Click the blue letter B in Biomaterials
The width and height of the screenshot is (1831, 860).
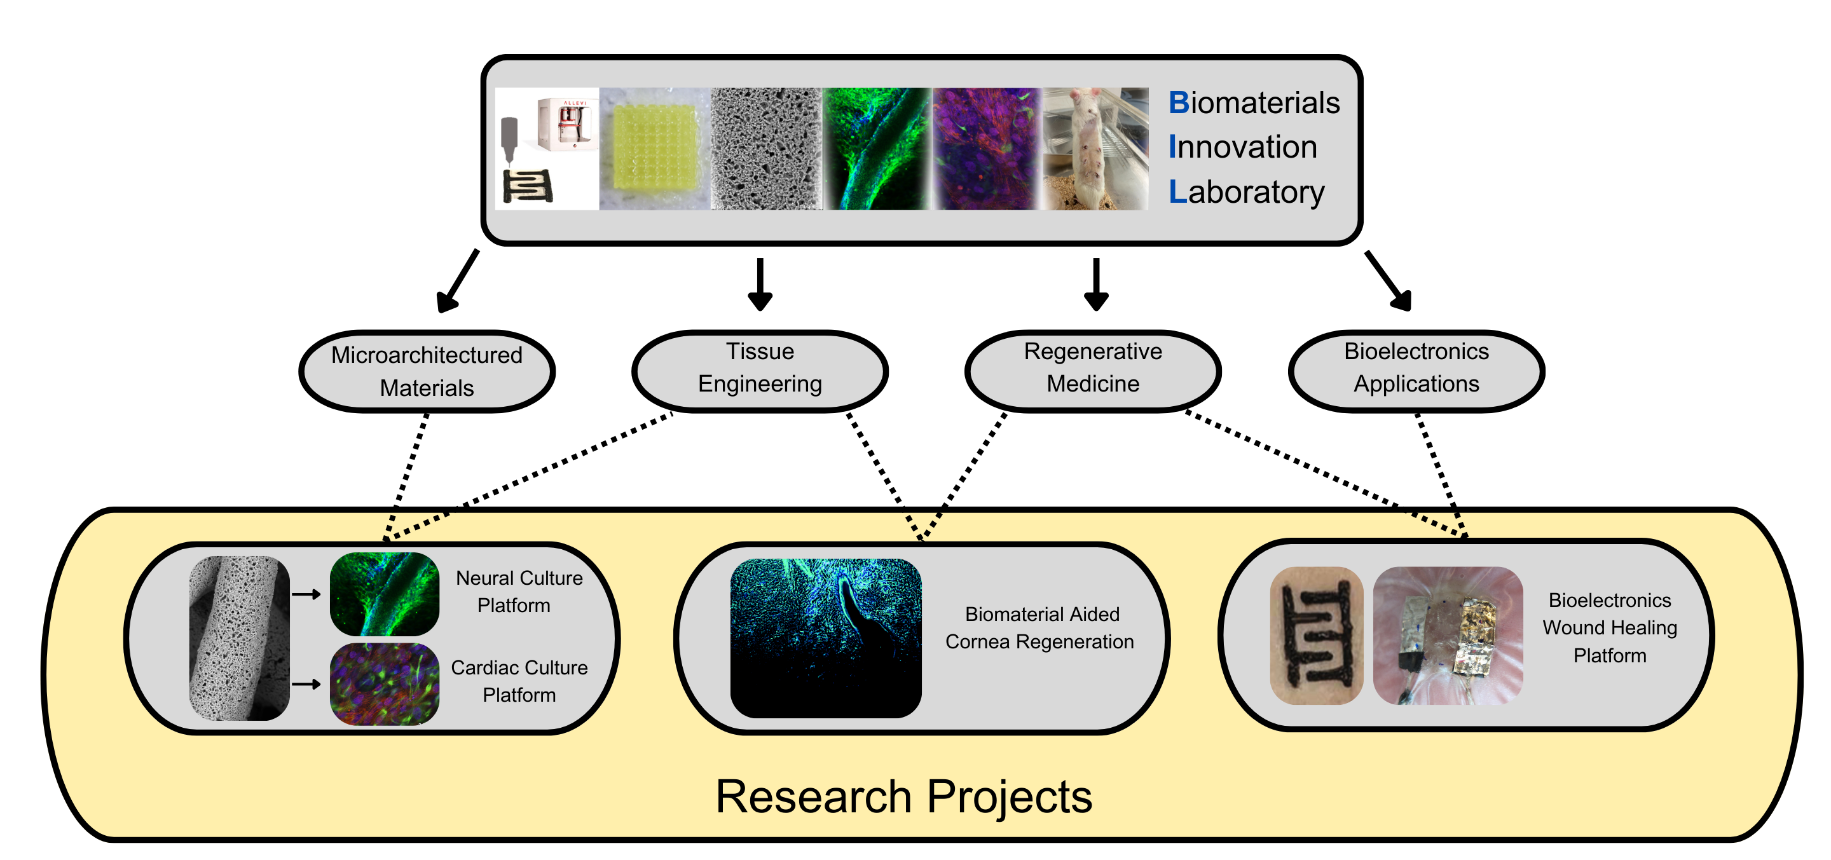click(x=1179, y=103)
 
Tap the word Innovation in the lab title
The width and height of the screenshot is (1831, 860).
click(x=1243, y=147)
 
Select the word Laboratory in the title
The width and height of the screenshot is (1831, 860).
click(x=1247, y=193)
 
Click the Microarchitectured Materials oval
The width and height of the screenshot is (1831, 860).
click(x=427, y=371)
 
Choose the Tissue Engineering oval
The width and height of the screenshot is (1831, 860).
click(x=760, y=371)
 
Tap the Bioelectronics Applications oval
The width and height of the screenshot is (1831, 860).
click(x=1416, y=371)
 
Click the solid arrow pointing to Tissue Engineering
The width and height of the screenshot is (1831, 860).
click(x=760, y=284)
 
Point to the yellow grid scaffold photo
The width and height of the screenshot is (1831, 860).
click(x=655, y=149)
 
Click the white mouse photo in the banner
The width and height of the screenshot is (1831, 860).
click(x=1095, y=149)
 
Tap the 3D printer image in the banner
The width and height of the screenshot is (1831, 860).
click(x=547, y=149)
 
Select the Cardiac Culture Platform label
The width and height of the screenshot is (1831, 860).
click(x=519, y=681)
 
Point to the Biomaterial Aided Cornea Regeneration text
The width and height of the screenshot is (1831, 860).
click(x=1040, y=627)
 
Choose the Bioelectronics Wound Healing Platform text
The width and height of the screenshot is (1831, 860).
click(x=1610, y=627)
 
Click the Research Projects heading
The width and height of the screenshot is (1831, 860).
click(x=903, y=796)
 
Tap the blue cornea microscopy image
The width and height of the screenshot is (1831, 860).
click(x=826, y=638)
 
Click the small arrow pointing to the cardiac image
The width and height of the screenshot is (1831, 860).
click(x=306, y=685)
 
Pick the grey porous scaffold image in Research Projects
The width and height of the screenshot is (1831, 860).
click(x=240, y=638)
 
